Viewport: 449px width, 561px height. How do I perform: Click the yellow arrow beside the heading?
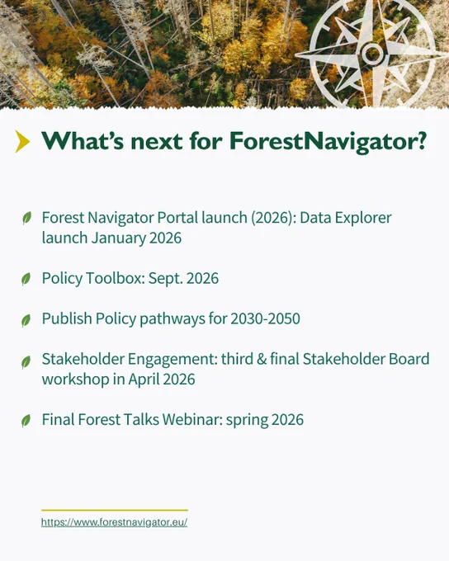22,142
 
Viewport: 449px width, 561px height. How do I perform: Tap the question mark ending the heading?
422,140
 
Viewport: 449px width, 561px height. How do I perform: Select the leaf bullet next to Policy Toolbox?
26,279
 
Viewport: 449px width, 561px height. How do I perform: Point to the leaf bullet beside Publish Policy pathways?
26,321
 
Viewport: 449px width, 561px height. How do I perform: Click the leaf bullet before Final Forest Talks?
26,421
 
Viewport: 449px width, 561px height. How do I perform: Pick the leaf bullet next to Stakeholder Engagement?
26,362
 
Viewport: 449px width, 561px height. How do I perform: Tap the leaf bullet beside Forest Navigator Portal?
27,218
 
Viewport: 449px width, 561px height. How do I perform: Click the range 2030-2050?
265,318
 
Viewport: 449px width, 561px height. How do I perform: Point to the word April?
143,379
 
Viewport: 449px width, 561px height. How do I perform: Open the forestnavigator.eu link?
114,522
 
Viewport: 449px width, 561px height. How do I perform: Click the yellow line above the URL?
115,510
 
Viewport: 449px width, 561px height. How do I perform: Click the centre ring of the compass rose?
373,54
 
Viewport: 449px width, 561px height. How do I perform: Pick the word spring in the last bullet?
247,420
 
